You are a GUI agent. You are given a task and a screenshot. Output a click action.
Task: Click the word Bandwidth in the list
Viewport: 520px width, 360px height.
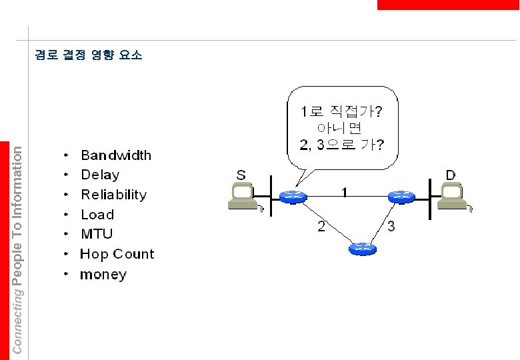(116, 155)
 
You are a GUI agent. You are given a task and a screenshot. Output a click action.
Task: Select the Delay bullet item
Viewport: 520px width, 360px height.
(100, 175)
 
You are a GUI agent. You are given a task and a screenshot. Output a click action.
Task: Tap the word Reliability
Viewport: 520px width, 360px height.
(113, 195)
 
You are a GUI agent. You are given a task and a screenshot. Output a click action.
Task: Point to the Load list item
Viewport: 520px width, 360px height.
(97, 215)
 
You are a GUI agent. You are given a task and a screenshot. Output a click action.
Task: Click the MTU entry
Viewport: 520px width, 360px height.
(97, 234)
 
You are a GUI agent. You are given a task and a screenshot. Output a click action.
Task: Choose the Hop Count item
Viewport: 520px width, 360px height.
(117, 254)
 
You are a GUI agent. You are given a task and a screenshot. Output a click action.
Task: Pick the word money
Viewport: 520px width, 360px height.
(103, 275)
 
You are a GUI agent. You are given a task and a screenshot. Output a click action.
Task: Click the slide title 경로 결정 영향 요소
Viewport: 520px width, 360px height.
(88, 55)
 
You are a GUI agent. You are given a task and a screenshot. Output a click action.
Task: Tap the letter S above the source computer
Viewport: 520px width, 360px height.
(241, 175)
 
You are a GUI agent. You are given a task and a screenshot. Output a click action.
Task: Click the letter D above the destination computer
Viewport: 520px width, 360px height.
(451, 175)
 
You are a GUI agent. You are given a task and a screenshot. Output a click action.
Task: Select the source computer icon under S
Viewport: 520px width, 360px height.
(242, 198)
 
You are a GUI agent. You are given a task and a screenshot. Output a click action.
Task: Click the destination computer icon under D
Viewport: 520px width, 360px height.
(453, 197)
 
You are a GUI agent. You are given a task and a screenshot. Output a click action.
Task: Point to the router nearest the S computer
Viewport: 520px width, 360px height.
(292, 196)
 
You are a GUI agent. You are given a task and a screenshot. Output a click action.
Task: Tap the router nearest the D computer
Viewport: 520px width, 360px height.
(401, 196)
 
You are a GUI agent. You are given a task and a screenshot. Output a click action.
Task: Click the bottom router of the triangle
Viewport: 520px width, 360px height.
(362, 249)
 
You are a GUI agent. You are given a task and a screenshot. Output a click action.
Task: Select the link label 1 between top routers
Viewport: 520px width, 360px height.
(344, 193)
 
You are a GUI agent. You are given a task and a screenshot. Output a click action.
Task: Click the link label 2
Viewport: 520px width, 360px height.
(321, 227)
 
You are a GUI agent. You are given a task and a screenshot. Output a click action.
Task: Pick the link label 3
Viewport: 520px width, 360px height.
(391, 227)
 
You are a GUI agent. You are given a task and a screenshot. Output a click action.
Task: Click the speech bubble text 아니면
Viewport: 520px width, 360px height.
(340, 127)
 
